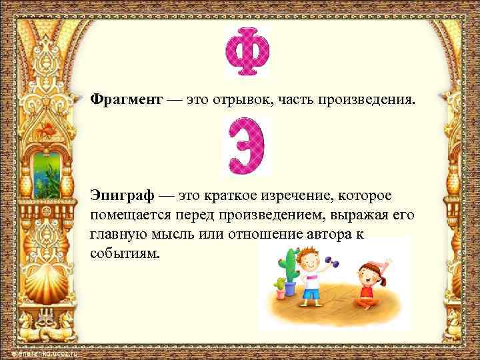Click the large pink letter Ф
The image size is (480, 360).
[247, 54]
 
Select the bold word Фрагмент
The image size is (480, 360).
[126, 99]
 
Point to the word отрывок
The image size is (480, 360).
[247, 99]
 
